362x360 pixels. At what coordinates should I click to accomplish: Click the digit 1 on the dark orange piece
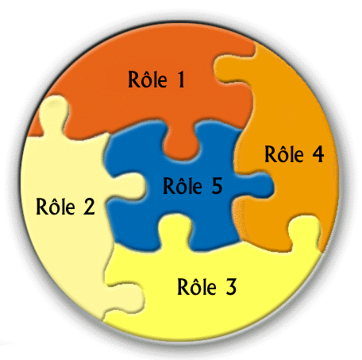coord(181,79)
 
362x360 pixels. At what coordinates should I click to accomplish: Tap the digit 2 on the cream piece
coord(89,207)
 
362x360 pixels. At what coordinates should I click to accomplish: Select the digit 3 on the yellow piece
coord(231,287)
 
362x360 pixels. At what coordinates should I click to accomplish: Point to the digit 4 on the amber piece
coord(318,154)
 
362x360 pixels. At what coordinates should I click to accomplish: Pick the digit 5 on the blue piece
coord(217,186)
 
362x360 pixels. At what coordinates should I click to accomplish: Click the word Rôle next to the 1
coord(148,79)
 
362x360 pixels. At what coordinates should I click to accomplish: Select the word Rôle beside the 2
coord(56,207)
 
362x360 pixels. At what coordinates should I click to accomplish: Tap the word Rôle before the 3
coord(197,286)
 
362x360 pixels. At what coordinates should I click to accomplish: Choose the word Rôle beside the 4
coord(284,153)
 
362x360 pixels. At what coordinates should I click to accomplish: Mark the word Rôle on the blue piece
coord(183,185)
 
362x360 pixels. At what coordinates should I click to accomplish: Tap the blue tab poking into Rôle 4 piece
coord(256,185)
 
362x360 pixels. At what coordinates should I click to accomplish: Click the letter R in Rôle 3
coord(183,287)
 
